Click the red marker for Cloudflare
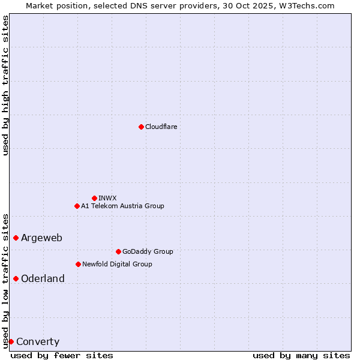141,127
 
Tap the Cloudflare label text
161,127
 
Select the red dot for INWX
94,198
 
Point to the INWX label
107,198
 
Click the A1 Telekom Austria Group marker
77,206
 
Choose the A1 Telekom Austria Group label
122,206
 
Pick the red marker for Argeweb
16,238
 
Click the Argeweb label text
41,238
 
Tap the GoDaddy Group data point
118,251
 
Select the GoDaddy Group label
147,251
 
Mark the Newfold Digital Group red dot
78,264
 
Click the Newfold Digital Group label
117,264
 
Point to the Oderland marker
16,278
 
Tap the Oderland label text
43,279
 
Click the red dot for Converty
11,341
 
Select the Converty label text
38,342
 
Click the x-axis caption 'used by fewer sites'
62,355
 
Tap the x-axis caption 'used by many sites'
301,355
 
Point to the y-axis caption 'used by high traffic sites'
5,85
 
